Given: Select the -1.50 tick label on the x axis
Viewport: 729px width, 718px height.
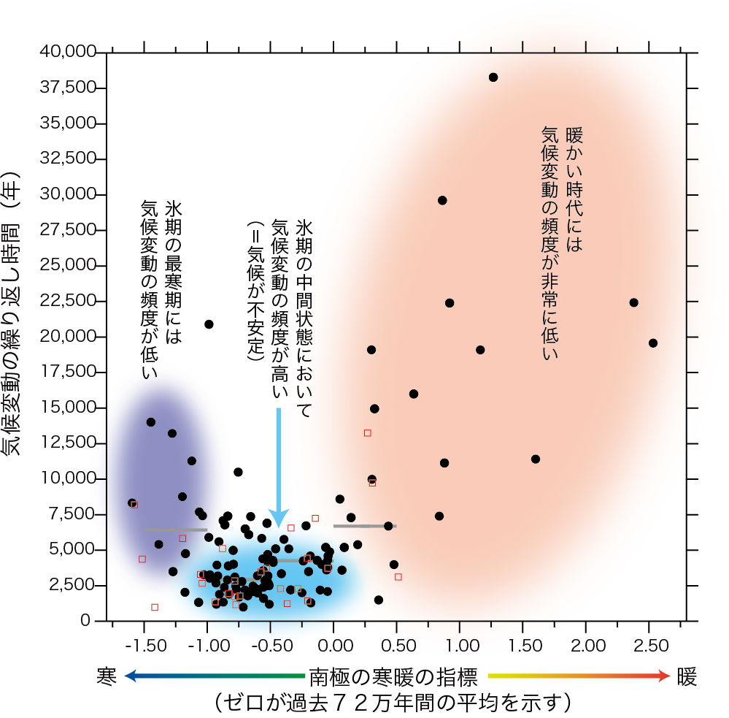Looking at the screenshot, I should click(143, 646).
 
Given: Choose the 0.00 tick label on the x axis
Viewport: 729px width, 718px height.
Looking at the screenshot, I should click(333, 646).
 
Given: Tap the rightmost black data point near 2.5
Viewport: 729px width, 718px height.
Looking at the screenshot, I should click(653, 343).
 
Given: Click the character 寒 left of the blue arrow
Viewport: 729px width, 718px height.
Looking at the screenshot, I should click(107, 676).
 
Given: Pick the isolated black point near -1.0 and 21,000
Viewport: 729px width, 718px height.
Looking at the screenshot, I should click(209, 324).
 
